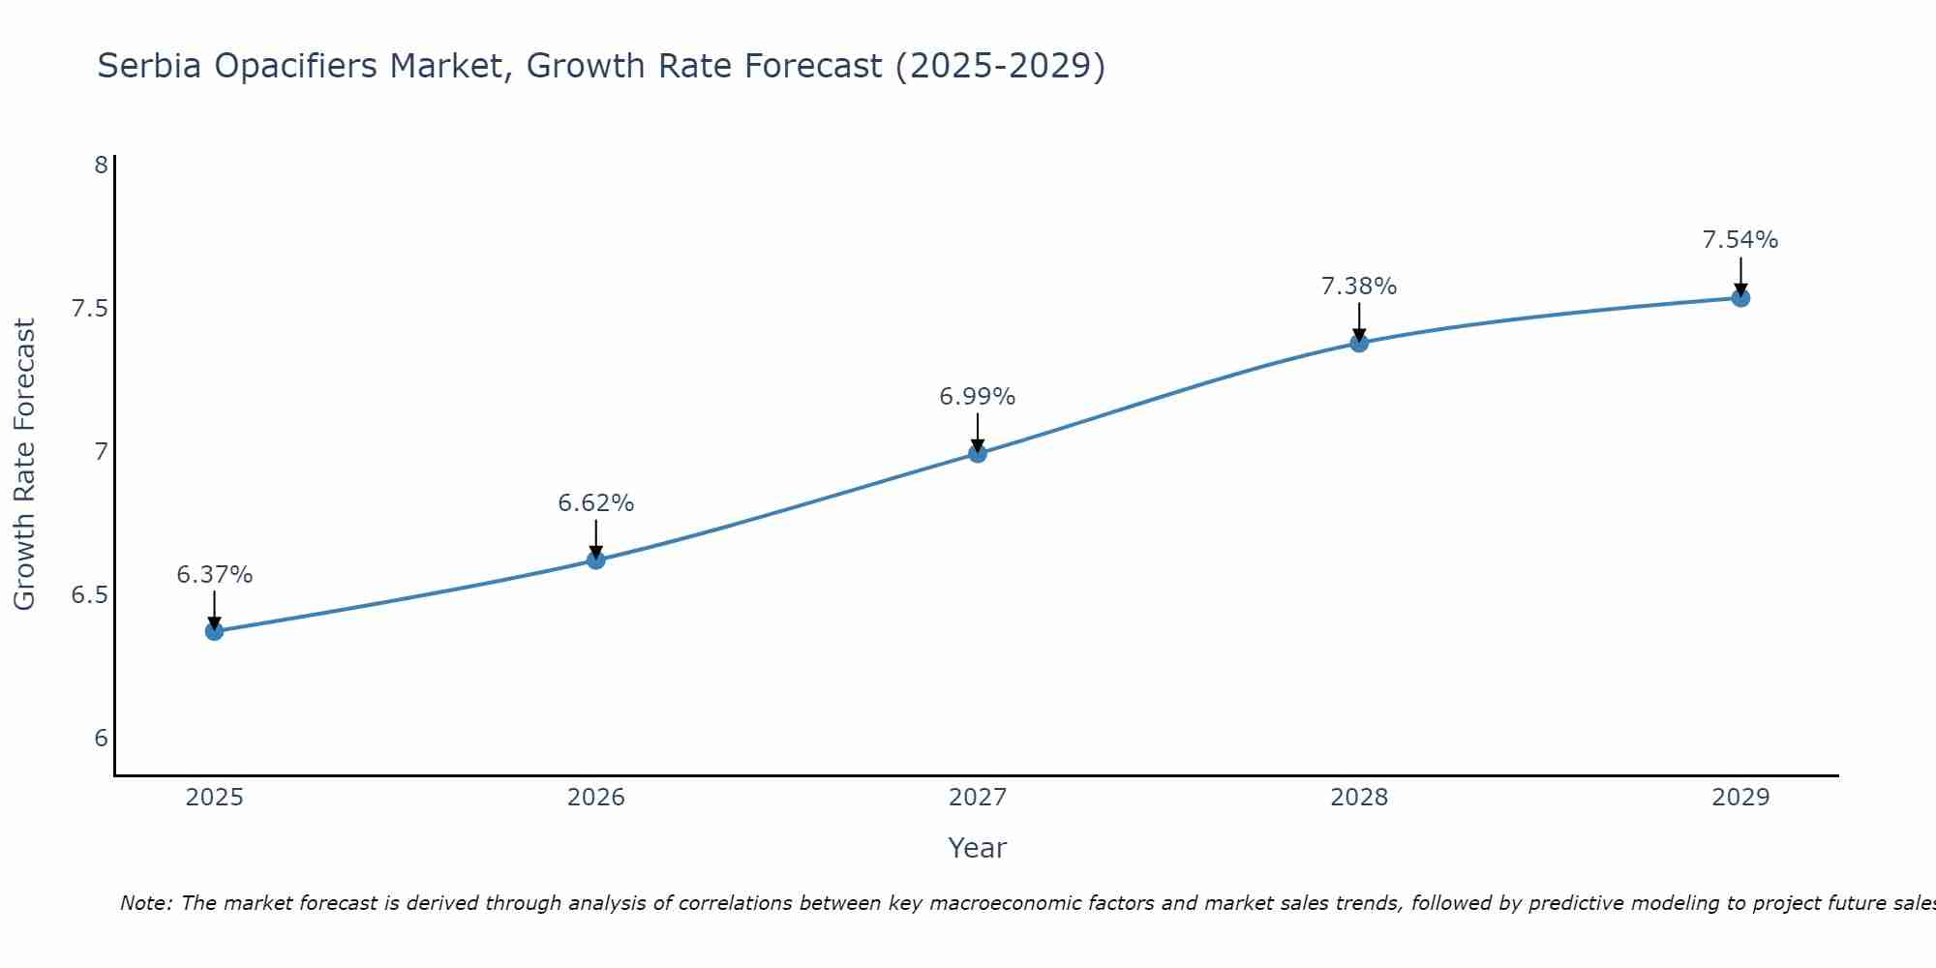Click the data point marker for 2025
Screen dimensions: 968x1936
(214, 631)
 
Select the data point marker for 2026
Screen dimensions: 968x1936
(595, 560)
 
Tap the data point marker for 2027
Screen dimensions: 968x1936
(978, 453)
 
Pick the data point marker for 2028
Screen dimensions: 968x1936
(1359, 343)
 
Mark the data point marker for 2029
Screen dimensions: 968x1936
(1740, 297)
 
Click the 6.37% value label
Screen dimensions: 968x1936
(214, 575)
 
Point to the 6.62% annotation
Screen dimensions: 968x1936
(595, 503)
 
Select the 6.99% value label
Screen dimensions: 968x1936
(978, 397)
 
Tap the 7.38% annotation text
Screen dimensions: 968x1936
(1359, 287)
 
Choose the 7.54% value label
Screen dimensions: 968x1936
(1740, 240)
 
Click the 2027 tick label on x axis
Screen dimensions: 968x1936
(978, 798)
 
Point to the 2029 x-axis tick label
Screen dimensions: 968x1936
(1740, 798)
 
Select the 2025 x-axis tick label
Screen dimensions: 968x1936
(214, 798)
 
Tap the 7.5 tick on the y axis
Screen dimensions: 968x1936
(89, 309)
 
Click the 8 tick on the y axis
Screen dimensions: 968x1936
(101, 166)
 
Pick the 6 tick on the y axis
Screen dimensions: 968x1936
(101, 739)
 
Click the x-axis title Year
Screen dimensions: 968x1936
(978, 848)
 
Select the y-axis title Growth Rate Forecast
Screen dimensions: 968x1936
(24, 465)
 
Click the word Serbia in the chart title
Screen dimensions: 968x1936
(150, 66)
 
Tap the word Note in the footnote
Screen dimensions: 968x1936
(144, 903)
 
